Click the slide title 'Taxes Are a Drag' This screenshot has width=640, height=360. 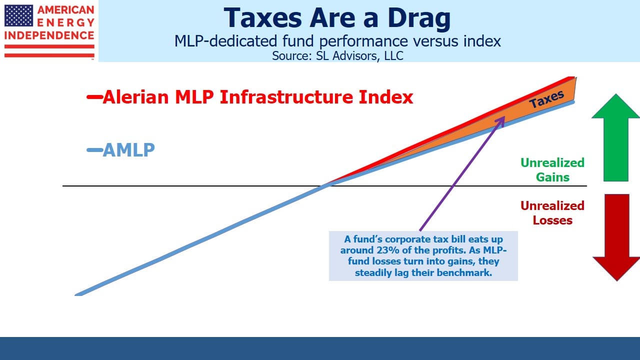point(337,18)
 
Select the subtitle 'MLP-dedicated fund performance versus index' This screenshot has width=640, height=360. point(337,41)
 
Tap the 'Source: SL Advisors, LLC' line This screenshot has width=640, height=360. point(337,55)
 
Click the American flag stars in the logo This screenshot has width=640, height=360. point(18,15)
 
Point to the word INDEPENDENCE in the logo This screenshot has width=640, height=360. point(49,35)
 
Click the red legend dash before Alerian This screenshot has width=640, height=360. point(94,97)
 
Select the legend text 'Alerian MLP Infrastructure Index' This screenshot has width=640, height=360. point(258,97)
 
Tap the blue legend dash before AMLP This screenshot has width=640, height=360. point(94,150)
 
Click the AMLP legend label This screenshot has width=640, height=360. point(128,150)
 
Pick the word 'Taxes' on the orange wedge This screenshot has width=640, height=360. point(546,99)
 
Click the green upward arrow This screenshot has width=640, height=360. point(615,137)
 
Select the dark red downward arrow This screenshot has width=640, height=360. point(616,237)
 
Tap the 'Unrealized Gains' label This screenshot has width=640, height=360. point(552,170)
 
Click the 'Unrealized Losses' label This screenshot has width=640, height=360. point(552,213)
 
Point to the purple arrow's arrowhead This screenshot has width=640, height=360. point(500,121)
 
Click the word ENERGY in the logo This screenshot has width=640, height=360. point(65,22)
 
